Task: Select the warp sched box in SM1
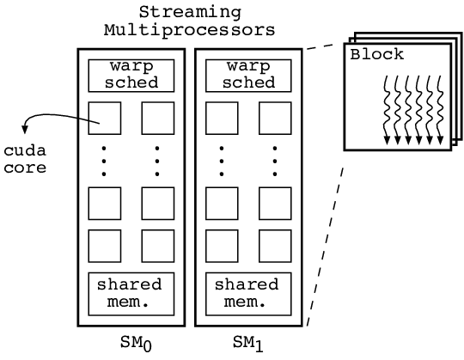(x=248, y=74)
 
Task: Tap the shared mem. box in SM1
(x=248, y=292)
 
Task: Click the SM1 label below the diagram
(x=248, y=344)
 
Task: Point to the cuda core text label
(x=23, y=159)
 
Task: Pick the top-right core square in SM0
(x=158, y=117)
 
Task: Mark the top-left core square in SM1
(x=222, y=117)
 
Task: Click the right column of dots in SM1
(x=275, y=160)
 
